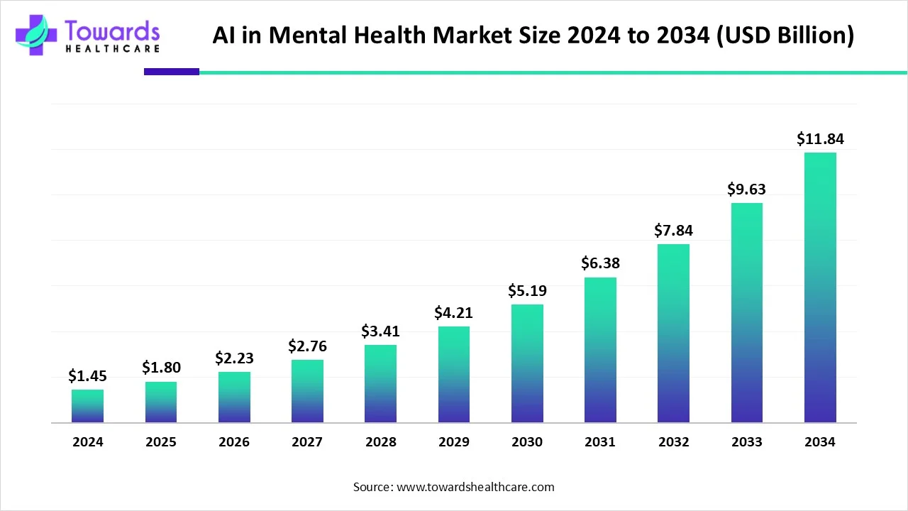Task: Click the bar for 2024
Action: [87, 406]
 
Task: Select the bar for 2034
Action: [820, 287]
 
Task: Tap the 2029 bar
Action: [453, 374]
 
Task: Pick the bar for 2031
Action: [600, 350]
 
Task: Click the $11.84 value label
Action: [820, 139]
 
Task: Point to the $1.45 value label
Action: [87, 376]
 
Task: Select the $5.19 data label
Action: [527, 291]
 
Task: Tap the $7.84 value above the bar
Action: [673, 231]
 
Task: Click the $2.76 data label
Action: [307, 346]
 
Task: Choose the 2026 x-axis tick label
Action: [234, 442]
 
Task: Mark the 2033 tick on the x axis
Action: [747, 442]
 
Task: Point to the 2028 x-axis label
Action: [381, 442]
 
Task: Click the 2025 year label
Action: [161, 442]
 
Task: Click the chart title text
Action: [533, 35]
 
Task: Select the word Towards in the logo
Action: [112, 30]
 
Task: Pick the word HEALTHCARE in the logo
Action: [112, 48]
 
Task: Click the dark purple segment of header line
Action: [172, 72]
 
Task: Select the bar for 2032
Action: [673, 334]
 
